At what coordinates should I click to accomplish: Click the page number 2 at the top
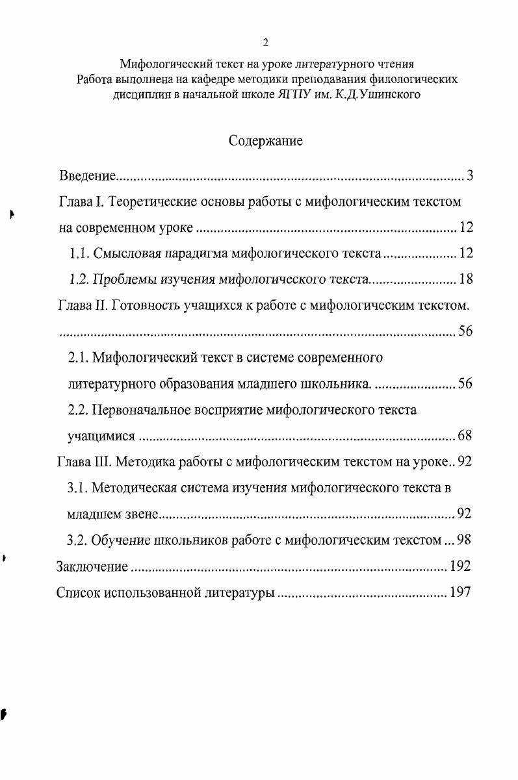click(x=265, y=43)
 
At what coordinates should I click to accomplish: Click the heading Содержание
click(x=265, y=141)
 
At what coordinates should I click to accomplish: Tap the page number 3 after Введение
click(x=469, y=176)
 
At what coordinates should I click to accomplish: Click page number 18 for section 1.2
click(x=465, y=279)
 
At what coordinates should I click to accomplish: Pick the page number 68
click(x=465, y=435)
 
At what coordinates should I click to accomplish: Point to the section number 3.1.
click(x=79, y=487)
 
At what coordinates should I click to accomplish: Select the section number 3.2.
click(x=79, y=539)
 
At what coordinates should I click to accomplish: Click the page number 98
click(x=465, y=539)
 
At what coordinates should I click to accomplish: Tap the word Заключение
click(x=92, y=566)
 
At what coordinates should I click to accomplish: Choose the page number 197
click(x=460, y=592)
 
